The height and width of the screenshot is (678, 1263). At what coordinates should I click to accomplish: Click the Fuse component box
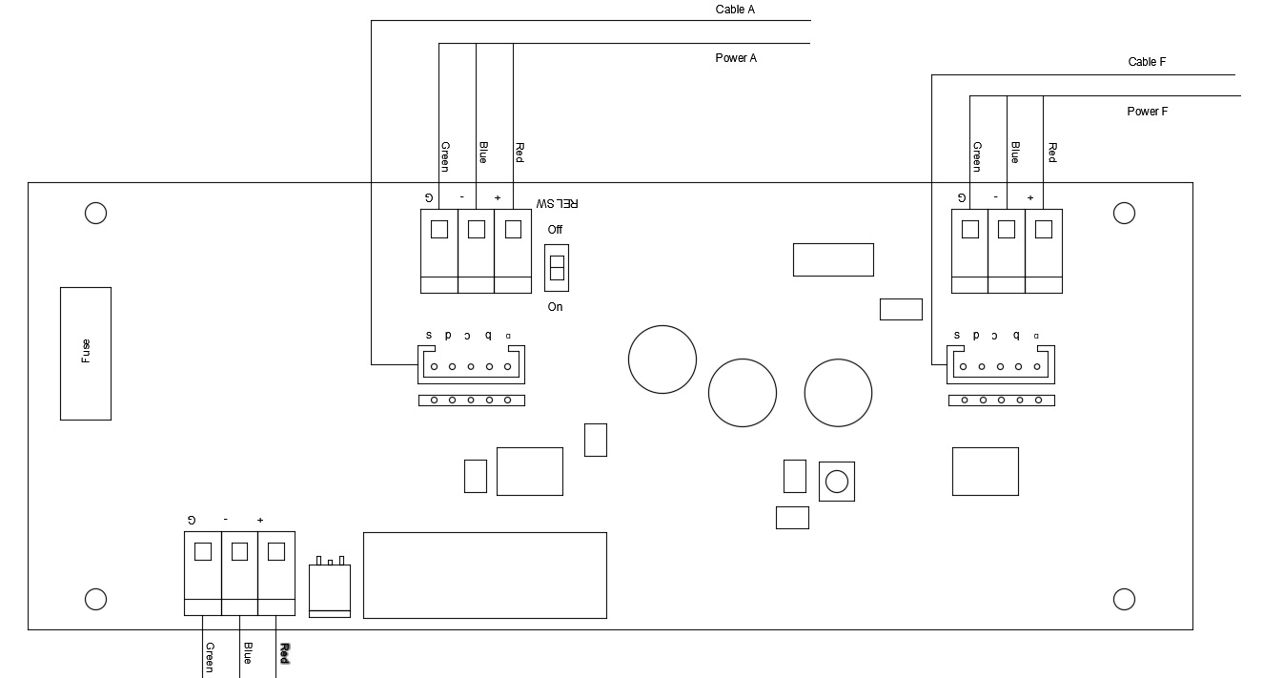pos(86,353)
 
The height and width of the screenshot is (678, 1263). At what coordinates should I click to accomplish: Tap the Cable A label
pos(735,10)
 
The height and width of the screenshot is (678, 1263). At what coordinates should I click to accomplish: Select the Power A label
pos(736,58)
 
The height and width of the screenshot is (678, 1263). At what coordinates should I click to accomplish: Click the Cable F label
pos(1147,62)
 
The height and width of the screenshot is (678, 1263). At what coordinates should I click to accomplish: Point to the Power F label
pos(1148,112)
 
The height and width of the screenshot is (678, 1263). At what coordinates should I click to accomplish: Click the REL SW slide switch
pos(557,267)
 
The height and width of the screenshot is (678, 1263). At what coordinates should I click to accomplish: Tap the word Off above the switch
pos(555,230)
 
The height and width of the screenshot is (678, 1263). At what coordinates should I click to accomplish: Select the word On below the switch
pos(555,307)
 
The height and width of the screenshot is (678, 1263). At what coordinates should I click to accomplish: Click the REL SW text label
pos(557,203)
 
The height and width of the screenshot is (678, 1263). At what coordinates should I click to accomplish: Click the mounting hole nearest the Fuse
pos(95,213)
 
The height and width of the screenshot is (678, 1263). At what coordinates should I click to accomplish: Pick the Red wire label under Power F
pos(1052,153)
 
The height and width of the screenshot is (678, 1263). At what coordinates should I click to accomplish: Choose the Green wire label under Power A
pos(444,156)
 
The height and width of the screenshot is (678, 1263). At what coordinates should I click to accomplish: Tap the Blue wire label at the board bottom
pos(247,653)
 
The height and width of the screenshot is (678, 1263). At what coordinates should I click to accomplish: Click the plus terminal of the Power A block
pos(513,230)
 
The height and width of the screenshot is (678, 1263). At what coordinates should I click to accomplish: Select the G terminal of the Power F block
pos(970,230)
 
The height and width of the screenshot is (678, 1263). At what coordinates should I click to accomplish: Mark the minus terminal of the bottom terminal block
pos(239,551)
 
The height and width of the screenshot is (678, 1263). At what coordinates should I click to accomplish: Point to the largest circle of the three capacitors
pos(662,359)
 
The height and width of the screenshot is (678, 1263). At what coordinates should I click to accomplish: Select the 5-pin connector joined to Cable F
pos(1001,363)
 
